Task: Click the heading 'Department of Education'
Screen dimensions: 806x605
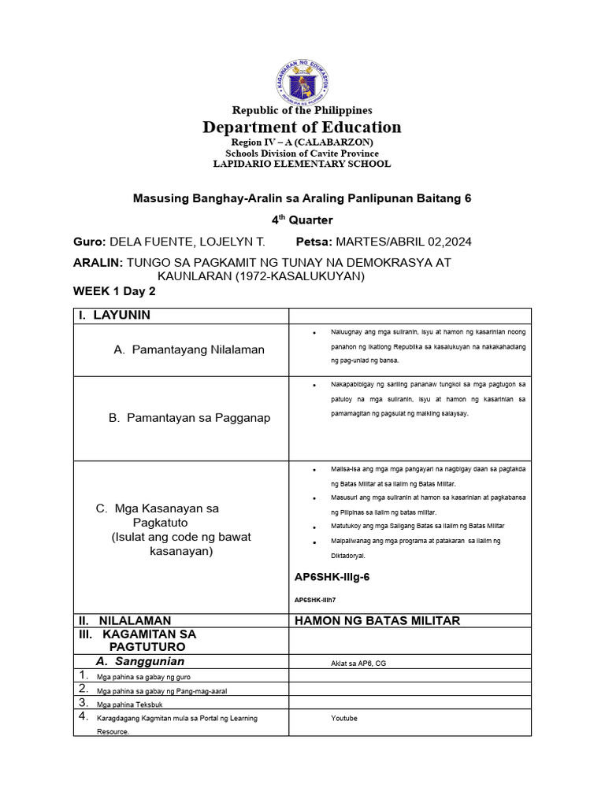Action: coord(302,128)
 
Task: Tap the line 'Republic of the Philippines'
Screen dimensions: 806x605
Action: coord(302,110)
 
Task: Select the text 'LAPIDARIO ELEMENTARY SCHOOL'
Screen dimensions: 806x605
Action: coord(302,164)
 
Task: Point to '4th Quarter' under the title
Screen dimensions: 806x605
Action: coord(302,220)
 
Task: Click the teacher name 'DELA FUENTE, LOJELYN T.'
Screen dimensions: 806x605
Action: coord(187,242)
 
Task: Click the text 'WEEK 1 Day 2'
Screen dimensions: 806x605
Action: coord(114,291)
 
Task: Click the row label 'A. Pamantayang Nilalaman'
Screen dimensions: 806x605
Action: coord(189,349)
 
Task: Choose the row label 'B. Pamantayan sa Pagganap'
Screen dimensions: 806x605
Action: coord(189,418)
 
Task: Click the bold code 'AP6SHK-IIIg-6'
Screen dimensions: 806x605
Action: coord(332,577)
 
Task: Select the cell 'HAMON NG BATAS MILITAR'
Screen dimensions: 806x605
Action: coord(377,621)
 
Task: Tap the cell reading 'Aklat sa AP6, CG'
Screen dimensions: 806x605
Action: coord(358,664)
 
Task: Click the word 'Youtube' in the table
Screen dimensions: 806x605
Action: coord(344,718)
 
